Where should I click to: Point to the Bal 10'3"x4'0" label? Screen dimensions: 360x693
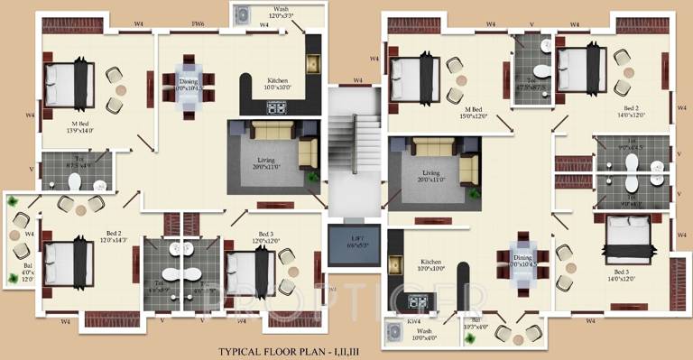coord(476,322)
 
